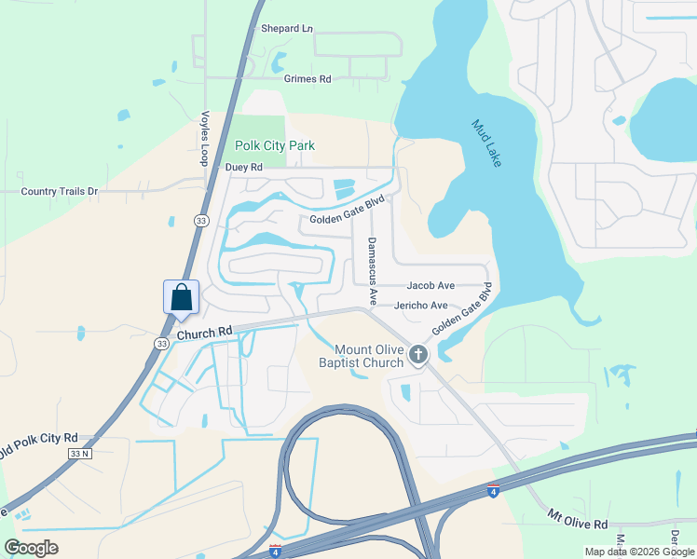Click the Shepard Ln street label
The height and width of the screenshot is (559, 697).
click(x=286, y=29)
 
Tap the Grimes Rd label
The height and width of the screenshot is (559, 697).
click(x=307, y=80)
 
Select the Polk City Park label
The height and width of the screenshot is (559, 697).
click(x=274, y=145)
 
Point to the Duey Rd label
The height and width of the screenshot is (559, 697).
click(x=244, y=168)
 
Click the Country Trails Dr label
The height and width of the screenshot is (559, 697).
click(x=59, y=191)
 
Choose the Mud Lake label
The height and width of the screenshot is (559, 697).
click(x=486, y=143)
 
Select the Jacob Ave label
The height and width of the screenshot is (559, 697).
click(x=430, y=286)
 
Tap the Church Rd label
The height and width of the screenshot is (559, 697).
click(x=203, y=333)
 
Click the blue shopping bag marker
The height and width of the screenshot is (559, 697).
click(x=182, y=298)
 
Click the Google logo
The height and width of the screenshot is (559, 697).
click(x=31, y=547)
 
